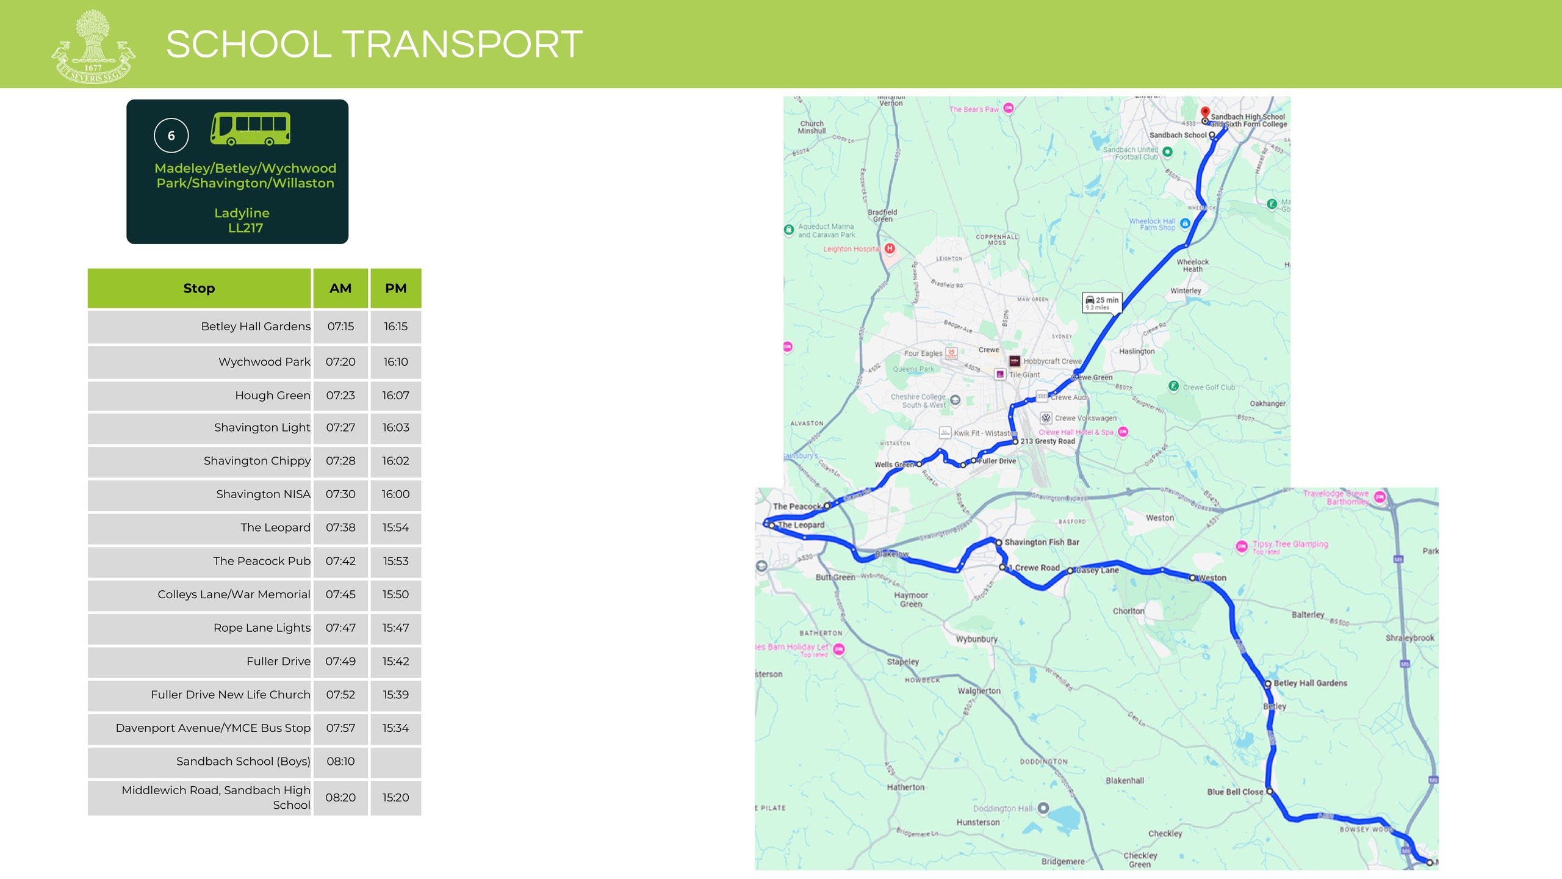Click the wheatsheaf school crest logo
click(x=93, y=46)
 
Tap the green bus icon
click(x=250, y=128)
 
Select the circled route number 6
click(x=171, y=136)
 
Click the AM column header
click(x=340, y=288)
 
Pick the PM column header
click(x=395, y=288)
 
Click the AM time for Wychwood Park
click(x=340, y=362)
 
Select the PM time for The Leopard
click(x=395, y=527)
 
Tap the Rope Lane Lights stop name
click(x=262, y=628)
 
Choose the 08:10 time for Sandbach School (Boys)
click(x=340, y=761)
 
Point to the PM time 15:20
click(x=395, y=797)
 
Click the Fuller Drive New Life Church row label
click(x=230, y=695)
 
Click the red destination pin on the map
click(x=1205, y=112)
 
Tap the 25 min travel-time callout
click(x=1102, y=302)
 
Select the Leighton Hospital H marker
click(x=890, y=248)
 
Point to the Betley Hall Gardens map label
click(x=1310, y=683)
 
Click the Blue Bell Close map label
click(x=1235, y=792)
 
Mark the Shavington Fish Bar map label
click(x=1042, y=542)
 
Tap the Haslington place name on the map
click(x=1137, y=351)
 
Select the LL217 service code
click(x=245, y=228)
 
